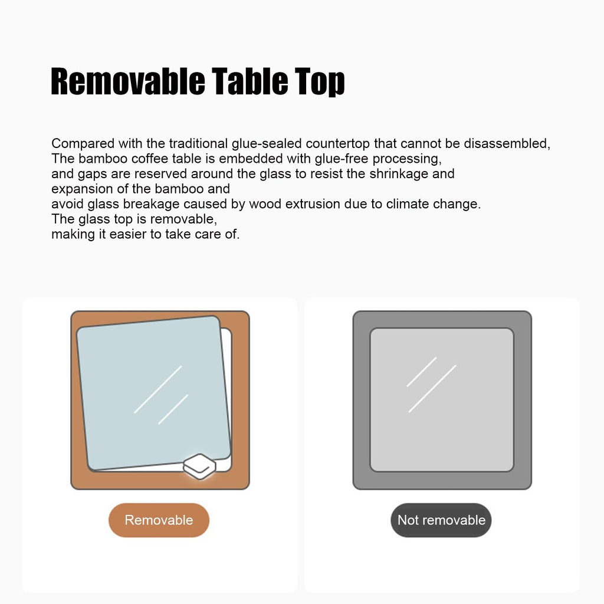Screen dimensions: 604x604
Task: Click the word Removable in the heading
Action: pos(128,81)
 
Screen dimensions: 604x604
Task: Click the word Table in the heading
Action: pos(250,81)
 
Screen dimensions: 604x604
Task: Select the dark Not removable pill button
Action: pos(441,520)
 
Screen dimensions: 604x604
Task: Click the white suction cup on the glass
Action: pos(199,467)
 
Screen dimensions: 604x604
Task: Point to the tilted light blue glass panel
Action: pos(153,392)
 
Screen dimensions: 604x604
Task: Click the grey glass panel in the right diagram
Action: pos(442,400)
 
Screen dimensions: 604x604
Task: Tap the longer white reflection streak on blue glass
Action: pos(158,389)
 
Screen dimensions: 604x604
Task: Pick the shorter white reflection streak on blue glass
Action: pos(173,409)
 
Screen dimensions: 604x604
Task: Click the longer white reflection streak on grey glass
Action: pos(432,389)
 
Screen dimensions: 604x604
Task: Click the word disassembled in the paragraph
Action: pos(507,143)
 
